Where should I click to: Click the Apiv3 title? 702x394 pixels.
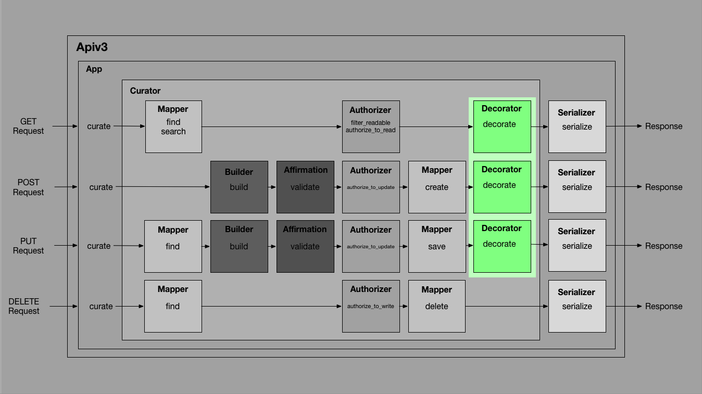point(92,47)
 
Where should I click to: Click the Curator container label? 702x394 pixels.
point(145,91)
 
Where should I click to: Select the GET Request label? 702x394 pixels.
point(28,126)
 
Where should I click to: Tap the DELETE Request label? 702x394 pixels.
point(24,306)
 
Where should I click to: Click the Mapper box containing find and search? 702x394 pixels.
point(173,126)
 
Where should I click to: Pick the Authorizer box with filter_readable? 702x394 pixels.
point(371,126)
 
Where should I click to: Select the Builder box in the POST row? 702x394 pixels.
point(239,187)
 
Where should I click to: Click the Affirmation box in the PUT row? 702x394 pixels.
point(305,246)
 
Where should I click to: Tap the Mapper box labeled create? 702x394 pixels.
point(437,187)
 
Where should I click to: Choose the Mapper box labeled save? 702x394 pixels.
point(437,246)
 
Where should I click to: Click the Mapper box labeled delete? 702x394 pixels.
point(437,306)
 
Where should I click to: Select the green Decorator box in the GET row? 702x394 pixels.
point(502,126)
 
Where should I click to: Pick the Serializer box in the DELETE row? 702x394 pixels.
point(577,306)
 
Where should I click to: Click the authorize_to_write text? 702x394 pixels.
point(371,306)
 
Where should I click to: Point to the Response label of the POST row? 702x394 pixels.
point(663,187)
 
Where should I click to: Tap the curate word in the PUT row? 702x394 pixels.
point(99,246)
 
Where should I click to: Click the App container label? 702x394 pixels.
point(94,69)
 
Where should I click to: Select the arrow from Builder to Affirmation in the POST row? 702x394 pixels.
point(272,187)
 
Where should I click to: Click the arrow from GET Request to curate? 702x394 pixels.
point(65,126)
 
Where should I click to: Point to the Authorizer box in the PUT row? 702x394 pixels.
point(371,246)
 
